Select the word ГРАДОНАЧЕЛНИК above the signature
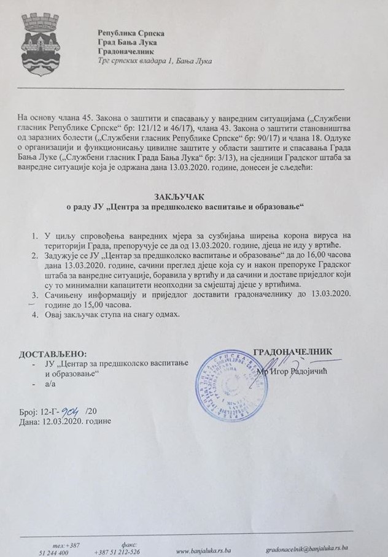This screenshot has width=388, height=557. click(x=293, y=351)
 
